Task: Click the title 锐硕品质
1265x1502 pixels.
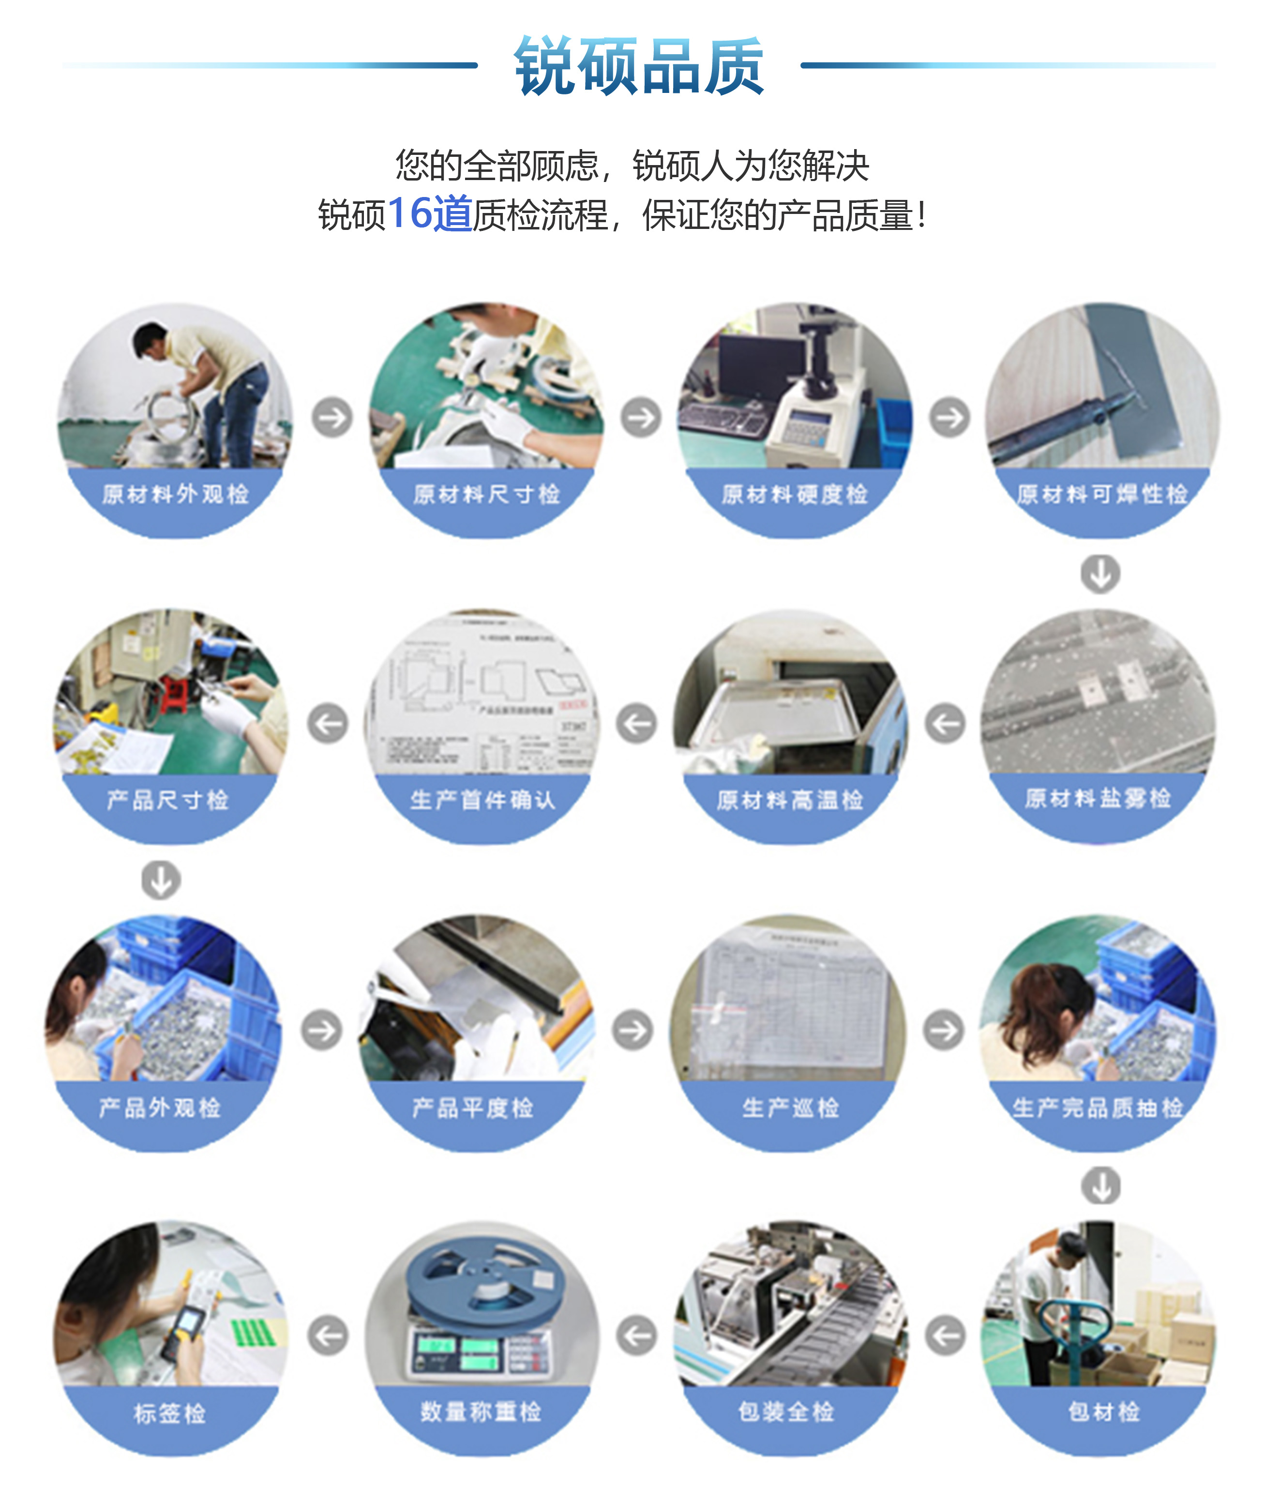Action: click(638, 66)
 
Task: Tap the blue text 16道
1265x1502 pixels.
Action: click(429, 214)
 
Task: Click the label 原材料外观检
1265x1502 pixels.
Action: click(175, 494)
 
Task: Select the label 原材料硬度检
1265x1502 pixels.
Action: click(795, 494)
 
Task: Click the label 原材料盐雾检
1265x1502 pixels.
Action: click(1098, 798)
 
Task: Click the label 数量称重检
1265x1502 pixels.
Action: click(481, 1411)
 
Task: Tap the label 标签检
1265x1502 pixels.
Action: click(170, 1413)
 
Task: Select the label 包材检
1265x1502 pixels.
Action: click(1104, 1411)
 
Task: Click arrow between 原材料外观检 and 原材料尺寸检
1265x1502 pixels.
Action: click(332, 417)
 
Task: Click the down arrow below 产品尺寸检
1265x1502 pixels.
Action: click(161, 880)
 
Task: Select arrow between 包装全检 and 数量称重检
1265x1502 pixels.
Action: click(637, 1335)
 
